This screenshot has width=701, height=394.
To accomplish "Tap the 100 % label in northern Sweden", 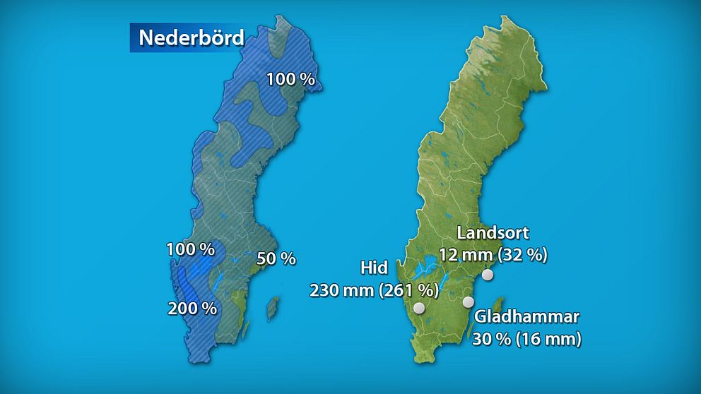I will [x=290, y=79].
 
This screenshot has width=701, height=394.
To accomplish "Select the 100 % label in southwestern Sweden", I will [x=190, y=249].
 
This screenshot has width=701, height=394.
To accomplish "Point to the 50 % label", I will [x=276, y=259].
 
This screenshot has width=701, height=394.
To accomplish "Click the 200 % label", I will [x=192, y=308].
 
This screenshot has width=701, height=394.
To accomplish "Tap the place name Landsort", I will [x=493, y=233].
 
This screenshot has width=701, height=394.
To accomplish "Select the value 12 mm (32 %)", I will [x=493, y=255].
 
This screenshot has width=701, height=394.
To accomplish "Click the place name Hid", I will [x=373, y=268].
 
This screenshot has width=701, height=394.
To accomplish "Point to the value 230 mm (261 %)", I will [x=374, y=290].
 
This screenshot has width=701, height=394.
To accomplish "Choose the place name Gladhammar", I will [x=528, y=316].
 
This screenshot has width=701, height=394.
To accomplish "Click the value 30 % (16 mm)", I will [x=528, y=339].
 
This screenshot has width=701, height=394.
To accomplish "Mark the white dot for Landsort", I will [x=487, y=275].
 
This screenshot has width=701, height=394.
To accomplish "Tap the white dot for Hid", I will [x=419, y=308].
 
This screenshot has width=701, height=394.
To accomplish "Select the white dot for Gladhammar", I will [x=468, y=302].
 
